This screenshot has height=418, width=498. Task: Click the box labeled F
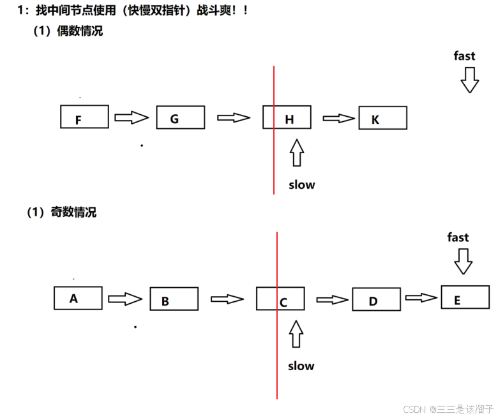[x=84, y=117]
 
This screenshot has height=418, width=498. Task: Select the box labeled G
[x=180, y=117]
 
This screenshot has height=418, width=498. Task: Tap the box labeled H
[x=287, y=117]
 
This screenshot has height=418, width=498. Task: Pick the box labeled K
[x=382, y=118]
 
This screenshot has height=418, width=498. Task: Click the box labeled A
[x=78, y=298]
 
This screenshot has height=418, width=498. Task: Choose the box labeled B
[x=174, y=299]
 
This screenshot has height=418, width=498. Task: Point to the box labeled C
[x=280, y=299]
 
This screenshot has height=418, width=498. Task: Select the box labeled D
[x=376, y=299]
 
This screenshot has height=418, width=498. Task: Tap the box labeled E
[x=465, y=297]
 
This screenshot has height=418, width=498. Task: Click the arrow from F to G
[x=132, y=117]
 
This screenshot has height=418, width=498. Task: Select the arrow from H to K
[x=338, y=118]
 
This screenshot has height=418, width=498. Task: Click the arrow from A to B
[x=124, y=299]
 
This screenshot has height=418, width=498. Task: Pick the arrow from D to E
[x=421, y=297]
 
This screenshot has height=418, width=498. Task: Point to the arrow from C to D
[x=332, y=299]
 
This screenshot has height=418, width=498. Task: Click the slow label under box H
[x=301, y=185]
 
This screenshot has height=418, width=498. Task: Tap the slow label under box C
[x=301, y=366]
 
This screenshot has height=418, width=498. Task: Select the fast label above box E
[x=458, y=237]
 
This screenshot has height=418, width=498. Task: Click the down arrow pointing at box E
[x=463, y=260]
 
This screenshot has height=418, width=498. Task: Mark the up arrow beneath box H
[x=296, y=154]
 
